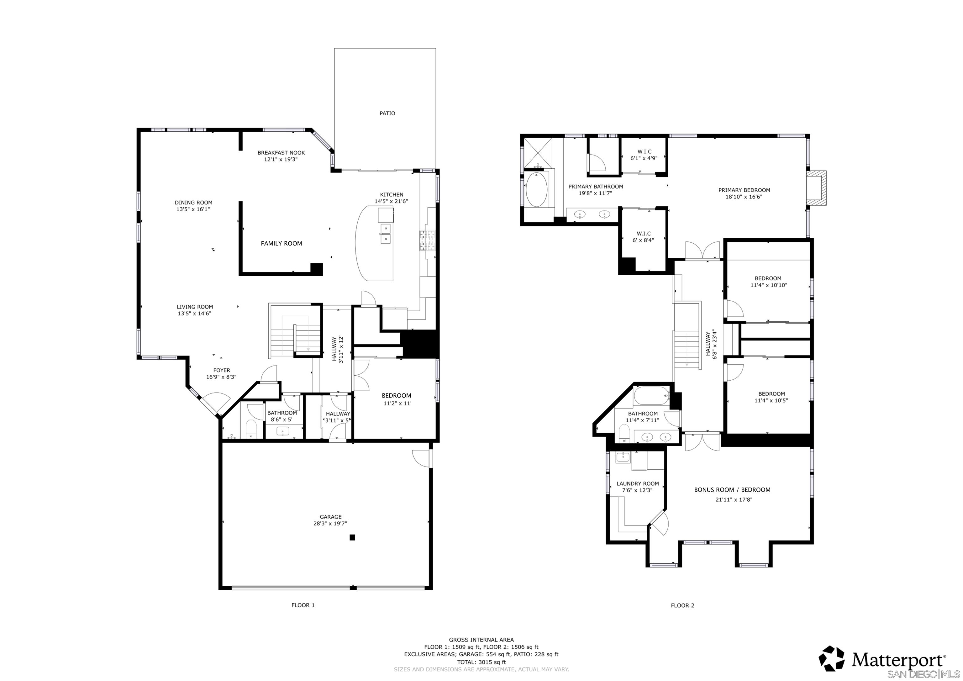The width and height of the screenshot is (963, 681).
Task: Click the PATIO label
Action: [387, 113]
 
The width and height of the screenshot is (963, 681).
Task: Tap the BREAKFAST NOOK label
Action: [281, 153]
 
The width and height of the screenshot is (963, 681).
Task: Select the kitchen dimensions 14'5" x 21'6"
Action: [391, 201]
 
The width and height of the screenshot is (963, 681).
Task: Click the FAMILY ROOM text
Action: [281, 243]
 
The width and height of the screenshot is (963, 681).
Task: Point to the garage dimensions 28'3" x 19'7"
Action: [330, 524]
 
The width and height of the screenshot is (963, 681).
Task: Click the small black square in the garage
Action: [352, 537]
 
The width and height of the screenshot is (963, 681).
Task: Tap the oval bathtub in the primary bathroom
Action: [536, 190]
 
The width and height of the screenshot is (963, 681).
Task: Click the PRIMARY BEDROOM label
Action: [744, 190]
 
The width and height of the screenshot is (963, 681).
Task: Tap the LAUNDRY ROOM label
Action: [638, 483]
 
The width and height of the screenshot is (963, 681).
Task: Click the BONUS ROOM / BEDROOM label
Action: [732, 490]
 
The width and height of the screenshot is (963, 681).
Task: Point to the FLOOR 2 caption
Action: [682, 605]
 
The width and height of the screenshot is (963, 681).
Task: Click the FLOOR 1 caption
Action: [303, 605]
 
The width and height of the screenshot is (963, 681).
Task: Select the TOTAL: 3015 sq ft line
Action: [481, 662]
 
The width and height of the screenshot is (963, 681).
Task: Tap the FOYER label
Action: [221, 371]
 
